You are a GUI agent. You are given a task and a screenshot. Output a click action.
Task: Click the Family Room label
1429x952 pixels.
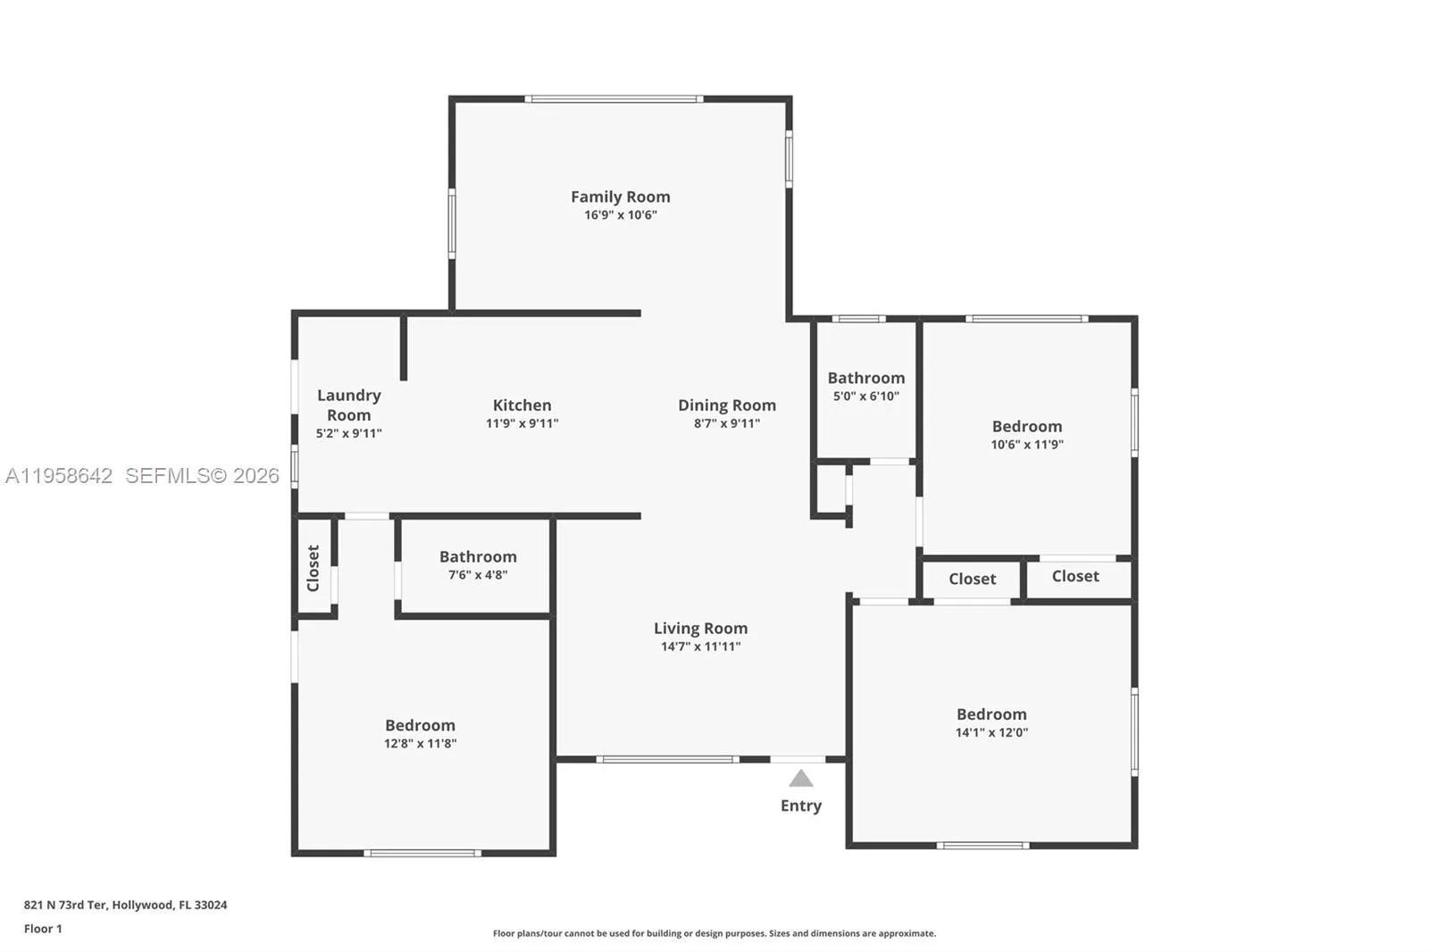620,196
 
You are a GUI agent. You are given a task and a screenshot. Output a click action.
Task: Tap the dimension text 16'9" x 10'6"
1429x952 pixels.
621,215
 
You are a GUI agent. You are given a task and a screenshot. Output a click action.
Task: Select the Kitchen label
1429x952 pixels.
522,405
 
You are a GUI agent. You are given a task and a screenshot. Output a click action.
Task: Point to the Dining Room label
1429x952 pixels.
726,405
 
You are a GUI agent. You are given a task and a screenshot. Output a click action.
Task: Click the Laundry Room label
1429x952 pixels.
348,405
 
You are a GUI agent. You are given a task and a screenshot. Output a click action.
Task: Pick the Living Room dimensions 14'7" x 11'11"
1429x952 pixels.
700,647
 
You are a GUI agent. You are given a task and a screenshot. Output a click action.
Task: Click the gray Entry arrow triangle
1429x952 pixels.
801,779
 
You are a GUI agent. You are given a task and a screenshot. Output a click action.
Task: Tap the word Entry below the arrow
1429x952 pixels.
801,806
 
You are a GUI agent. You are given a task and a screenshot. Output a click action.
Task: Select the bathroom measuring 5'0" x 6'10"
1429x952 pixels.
865,387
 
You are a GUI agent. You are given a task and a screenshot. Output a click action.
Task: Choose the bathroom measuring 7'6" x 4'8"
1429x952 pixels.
477,565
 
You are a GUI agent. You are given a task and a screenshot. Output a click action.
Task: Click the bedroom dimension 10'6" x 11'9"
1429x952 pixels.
1027,445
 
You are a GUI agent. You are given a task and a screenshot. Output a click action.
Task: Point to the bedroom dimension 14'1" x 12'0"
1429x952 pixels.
991,732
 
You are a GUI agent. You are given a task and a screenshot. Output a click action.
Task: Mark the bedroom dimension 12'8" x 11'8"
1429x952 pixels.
420,743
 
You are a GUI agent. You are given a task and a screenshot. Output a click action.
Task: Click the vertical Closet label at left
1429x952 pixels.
313,568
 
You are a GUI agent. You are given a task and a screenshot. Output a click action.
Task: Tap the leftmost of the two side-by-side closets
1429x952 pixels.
972,580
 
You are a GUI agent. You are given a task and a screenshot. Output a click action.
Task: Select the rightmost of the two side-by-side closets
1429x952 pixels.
1075,577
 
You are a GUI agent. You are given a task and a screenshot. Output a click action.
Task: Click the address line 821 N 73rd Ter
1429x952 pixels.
125,905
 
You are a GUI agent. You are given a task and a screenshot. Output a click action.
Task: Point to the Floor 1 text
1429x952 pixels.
43,929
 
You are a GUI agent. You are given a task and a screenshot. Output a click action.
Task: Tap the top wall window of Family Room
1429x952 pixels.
614,99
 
